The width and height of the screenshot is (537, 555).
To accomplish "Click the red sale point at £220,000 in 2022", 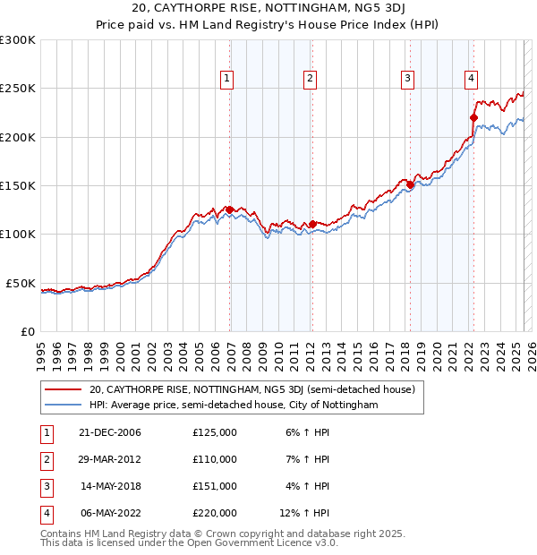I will pos(473,117).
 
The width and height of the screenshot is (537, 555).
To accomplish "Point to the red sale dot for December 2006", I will pos(230,209).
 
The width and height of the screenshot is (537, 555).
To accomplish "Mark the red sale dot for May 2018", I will pos(410,184).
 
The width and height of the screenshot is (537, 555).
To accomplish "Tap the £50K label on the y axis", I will pos(21,283).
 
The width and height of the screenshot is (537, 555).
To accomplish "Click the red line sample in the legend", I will pos(63,390).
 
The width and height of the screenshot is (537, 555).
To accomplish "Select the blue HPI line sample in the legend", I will pos(63,406).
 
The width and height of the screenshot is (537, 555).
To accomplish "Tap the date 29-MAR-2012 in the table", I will pos(111,459).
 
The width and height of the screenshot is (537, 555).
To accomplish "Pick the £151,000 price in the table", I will pos(215,486).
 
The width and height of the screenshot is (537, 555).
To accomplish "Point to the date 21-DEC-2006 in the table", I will pos(111,432).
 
